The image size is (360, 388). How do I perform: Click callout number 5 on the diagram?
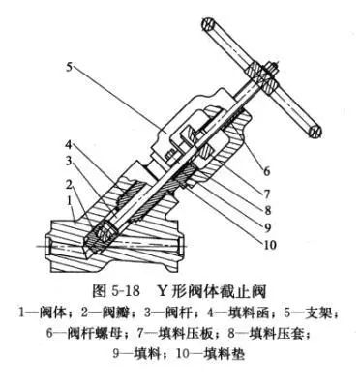pyautogui.click(x=70, y=67)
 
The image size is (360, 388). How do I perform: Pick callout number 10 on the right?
pyautogui.click(x=270, y=244)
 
